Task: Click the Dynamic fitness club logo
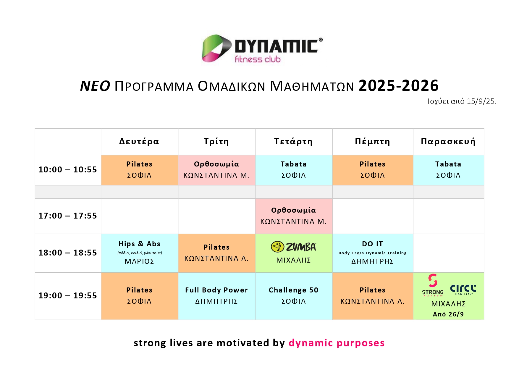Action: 262,48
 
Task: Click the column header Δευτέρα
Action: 139,142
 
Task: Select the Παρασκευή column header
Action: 448,142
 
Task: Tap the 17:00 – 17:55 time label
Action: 68,216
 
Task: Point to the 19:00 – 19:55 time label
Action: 68,295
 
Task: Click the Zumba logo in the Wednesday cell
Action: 293,247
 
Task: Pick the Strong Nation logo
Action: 433,285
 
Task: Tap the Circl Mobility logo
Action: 463,290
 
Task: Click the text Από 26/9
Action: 448,314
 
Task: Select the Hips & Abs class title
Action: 139,244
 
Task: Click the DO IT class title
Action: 372,244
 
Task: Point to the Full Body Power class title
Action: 216,290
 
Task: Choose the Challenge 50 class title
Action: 293,290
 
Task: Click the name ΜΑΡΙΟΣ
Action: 139,261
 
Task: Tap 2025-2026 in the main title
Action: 399,86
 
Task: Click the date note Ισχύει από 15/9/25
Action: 462,101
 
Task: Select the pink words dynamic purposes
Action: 337,343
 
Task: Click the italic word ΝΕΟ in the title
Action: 95,86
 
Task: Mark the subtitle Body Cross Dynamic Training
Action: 372,253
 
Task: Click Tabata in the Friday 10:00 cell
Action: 448,164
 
